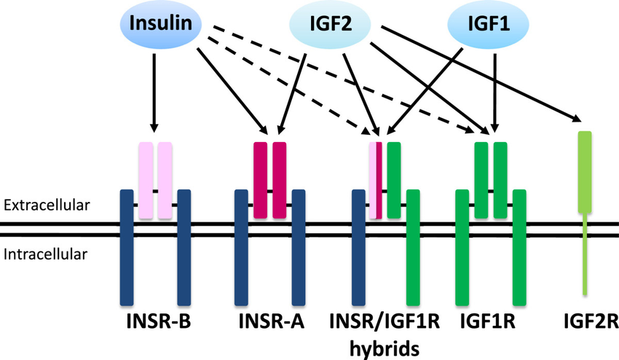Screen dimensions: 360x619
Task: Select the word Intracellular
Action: click(44, 254)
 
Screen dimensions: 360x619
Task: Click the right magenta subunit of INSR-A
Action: click(280, 179)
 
